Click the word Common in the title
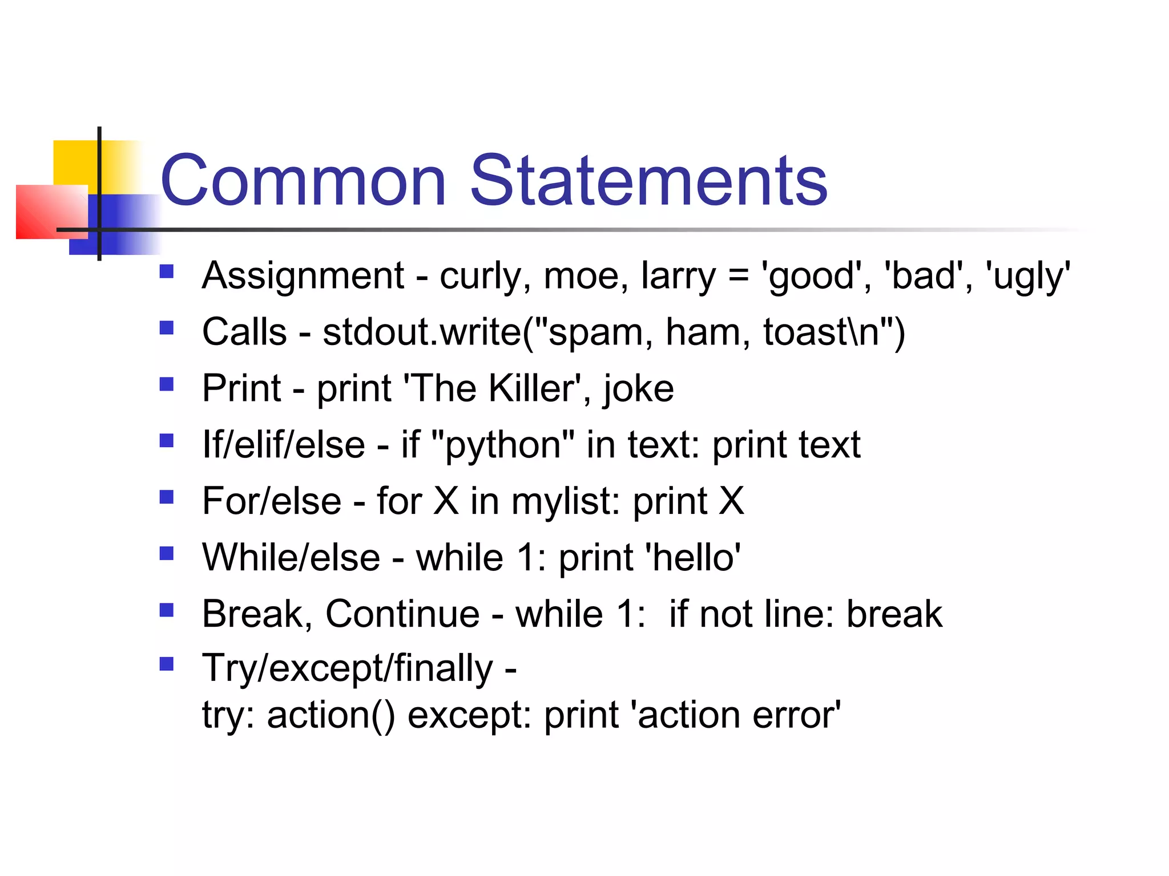303,181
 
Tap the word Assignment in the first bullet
303,276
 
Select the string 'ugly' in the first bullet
1028,276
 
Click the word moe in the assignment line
581,276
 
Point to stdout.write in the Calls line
422,332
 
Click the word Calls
244,332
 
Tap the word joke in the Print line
639,390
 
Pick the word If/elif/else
284,445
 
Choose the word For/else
272,501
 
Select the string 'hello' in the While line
693,558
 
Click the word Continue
402,614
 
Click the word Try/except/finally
347,668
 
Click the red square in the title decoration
51,212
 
